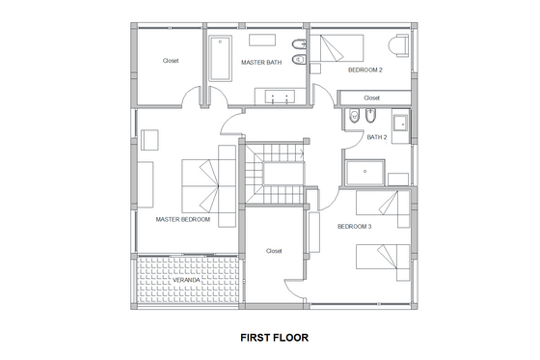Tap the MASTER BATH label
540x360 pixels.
(x=260, y=64)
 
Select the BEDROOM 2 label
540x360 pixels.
(x=365, y=70)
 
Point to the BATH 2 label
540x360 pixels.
(x=377, y=137)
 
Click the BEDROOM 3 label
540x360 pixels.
(x=354, y=226)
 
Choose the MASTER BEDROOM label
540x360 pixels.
(x=182, y=219)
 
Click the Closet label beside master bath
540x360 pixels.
(x=171, y=61)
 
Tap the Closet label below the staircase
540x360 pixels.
(x=274, y=250)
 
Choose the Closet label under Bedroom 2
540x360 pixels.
(x=372, y=97)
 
